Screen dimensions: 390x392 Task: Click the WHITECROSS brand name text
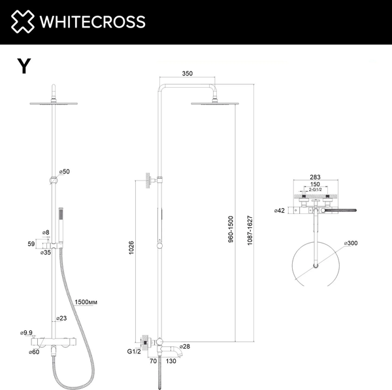point(93,22)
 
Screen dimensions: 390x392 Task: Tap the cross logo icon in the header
point(22,22)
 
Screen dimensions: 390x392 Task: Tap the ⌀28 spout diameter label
point(186,346)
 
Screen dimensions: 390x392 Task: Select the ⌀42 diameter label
point(280,211)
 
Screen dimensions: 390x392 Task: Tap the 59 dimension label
point(30,243)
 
